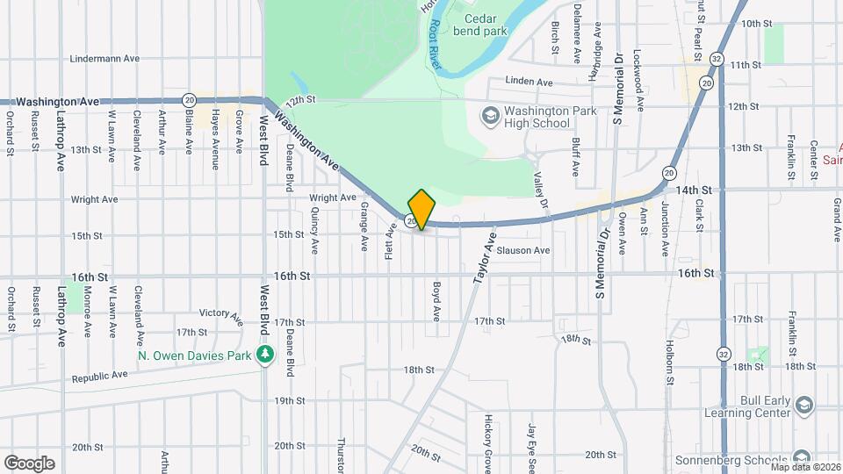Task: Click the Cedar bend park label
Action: [480, 25]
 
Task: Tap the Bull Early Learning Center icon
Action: [805, 404]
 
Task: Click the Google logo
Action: [29, 463]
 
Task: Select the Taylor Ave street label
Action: [485, 257]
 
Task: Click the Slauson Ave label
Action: [523, 250]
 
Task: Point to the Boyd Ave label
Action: [436, 301]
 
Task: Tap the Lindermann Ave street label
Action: [105, 59]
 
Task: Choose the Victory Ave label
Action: [220, 313]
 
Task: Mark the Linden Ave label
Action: [530, 82]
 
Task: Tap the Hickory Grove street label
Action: [487, 443]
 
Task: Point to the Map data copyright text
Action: [804, 467]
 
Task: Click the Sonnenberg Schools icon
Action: [799, 459]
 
